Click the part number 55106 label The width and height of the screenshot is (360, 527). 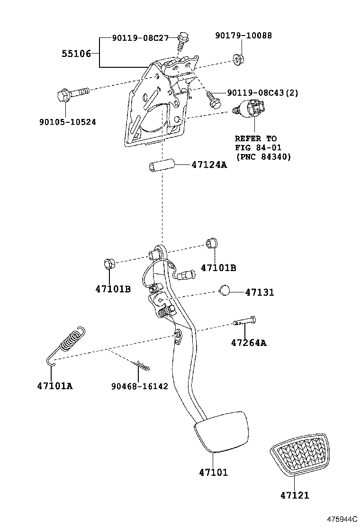[x=76, y=54]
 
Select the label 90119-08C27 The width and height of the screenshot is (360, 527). [x=140, y=38]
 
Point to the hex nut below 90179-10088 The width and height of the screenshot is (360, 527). [x=236, y=60]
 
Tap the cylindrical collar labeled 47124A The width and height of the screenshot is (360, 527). [x=161, y=168]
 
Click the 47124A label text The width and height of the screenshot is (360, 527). [x=209, y=165]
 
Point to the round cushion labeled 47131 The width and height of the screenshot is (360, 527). [x=225, y=290]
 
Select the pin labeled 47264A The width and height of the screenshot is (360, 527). [x=245, y=322]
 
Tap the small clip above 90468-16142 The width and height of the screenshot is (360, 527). [x=142, y=366]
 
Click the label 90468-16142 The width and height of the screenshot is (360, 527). [x=139, y=386]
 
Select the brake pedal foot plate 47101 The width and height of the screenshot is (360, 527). [x=222, y=432]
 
